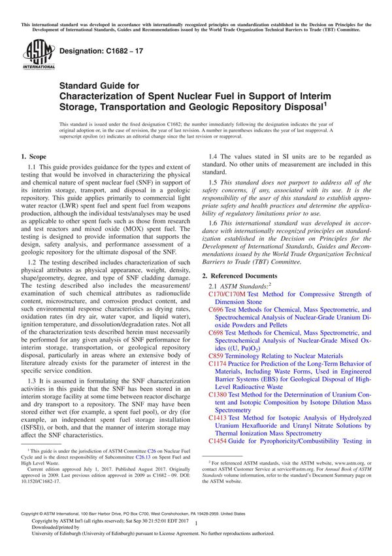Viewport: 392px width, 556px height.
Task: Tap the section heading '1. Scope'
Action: pyautogui.click(x=33, y=158)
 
